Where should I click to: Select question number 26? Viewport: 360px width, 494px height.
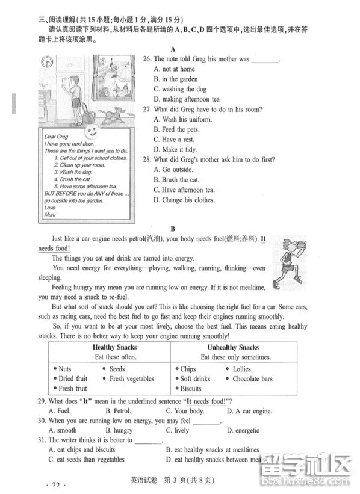pyautogui.click(x=146, y=59)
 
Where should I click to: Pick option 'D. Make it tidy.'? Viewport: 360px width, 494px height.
pyautogui.click(x=175, y=149)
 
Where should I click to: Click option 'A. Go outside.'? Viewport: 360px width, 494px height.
pyautogui.click(x=175, y=170)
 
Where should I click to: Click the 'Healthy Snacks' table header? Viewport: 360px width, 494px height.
pyautogui.click(x=114, y=347)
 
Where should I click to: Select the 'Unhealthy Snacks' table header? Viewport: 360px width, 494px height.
pyautogui.click(x=233, y=347)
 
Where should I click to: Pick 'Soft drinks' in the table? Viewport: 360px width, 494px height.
pyautogui.click(x=193, y=379)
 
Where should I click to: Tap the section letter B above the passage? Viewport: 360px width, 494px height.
pyautogui.click(x=172, y=229)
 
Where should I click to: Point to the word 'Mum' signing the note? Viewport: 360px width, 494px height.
pyautogui.click(x=50, y=215)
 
